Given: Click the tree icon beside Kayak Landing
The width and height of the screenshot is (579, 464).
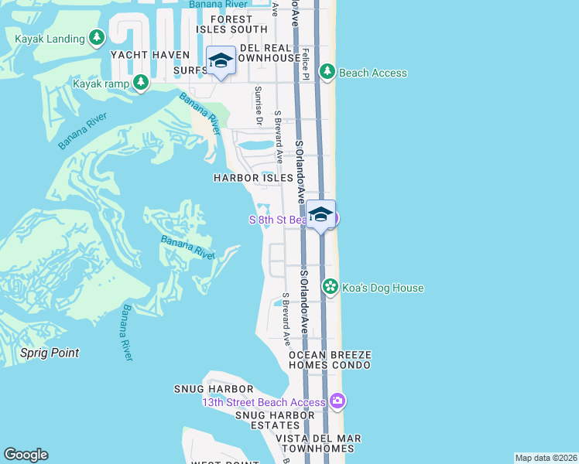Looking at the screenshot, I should [96, 37].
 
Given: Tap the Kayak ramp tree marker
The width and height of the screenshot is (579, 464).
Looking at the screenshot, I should [140, 82].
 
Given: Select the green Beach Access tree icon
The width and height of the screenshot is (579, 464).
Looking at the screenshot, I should [327, 72].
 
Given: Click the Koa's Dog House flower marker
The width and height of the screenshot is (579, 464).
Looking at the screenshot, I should [331, 288].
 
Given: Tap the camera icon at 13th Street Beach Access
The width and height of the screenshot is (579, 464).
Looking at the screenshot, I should [337, 401].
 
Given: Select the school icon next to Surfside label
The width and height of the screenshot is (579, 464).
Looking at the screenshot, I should [221, 60].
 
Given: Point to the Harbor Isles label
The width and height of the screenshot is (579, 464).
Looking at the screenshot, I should [254, 178].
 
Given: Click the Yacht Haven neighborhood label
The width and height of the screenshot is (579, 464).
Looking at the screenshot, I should [150, 55].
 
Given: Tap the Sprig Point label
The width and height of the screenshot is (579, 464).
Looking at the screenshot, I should [50, 353].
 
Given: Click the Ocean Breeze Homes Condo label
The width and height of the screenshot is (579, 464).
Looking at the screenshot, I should [331, 361].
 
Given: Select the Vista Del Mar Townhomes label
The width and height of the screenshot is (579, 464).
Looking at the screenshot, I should [319, 443].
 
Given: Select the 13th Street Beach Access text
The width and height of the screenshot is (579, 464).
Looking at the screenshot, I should [264, 402].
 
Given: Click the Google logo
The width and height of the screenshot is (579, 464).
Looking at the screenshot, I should [26, 455].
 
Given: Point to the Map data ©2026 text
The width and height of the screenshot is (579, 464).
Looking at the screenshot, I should [546, 458].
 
